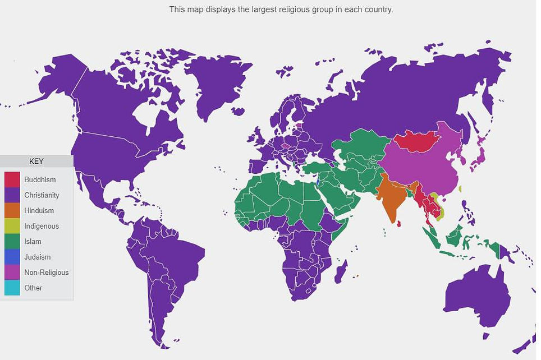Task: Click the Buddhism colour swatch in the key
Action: (x=12, y=180)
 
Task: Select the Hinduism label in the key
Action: (x=39, y=211)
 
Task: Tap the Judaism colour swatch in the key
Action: (x=12, y=257)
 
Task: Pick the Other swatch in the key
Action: (x=12, y=288)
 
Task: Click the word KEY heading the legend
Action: (x=36, y=161)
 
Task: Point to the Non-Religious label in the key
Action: (x=46, y=273)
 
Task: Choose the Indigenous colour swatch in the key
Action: (x=12, y=227)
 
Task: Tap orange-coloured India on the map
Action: (x=392, y=197)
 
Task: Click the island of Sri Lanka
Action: (x=399, y=224)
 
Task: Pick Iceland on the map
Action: (x=238, y=111)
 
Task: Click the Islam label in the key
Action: (x=33, y=242)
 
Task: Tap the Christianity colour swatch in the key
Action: (x=12, y=196)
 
